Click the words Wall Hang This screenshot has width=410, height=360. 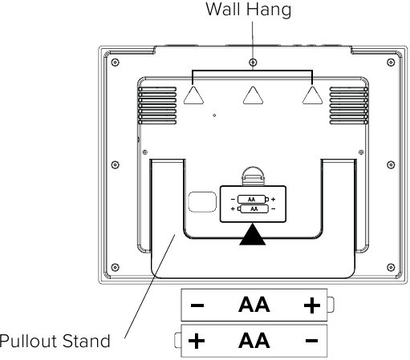pyautogui.click(x=249, y=10)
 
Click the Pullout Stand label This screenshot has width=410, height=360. pyautogui.click(x=55, y=341)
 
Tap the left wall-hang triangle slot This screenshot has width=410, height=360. pyautogui.click(x=193, y=95)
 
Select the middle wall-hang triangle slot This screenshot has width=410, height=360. pyautogui.click(x=253, y=95)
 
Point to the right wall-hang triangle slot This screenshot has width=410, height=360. pyautogui.click(x=312, y=95)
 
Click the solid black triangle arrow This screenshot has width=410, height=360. pyautogui.click(x=253, y=234)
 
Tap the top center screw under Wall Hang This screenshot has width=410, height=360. pyautogui.click(x=253, y=63)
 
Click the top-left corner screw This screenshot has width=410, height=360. pyautogui.click(x=115, y=63)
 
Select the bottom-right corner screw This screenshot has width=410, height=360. pyautogui.click(x=391, y=267)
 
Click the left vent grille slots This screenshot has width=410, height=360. pyautogui.click(x=157, y=106)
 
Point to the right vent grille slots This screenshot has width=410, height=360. pyautogui.click(x=349, y=106)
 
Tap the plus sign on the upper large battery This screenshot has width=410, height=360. pyautogui.click(x=312, y=305)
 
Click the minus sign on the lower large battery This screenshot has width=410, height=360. pyautogui.click(x=311, y=341)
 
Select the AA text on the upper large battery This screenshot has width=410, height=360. pyautogui.click(x=254, y=305)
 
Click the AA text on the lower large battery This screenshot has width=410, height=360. pyautogui.click(x=254, y=341)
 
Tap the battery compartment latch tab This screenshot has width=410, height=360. pyautogui.click(x=253, y=176)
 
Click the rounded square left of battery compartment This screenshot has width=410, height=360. pyautogui.click(x=202, y=202)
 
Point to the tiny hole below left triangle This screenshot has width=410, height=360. pyautogui.click(x=214, y=115)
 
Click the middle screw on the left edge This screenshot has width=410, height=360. pyautogui.click(x=115, y=164)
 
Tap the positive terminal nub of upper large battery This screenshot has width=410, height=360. pyautogui.click(x=331, y=305)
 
